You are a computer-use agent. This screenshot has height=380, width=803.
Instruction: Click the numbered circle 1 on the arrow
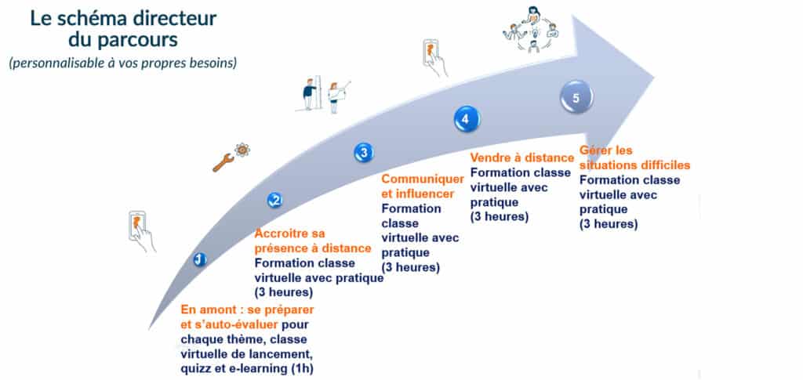[200, 260]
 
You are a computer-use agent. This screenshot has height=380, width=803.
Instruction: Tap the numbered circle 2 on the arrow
[275, 200]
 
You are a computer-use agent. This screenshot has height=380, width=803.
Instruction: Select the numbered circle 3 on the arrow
[364, 153]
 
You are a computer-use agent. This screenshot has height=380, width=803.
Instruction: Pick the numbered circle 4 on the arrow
[466, 118]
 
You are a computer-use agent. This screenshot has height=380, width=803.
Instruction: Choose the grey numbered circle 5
[576, 97]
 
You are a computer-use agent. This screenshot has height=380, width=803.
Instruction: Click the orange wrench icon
[223, 163]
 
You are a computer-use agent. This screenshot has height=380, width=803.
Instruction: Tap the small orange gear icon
[242, 150]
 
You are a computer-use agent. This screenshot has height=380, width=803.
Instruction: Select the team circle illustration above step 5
[530, 30]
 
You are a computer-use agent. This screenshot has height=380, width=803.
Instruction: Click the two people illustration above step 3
[324, 93]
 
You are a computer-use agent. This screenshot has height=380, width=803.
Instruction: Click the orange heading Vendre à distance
[521, 157]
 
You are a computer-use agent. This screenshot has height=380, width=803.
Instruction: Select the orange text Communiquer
[423, 179]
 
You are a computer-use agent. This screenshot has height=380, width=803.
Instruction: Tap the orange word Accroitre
[282, 233]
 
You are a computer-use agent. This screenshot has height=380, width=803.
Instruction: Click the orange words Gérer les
[606, 151]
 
